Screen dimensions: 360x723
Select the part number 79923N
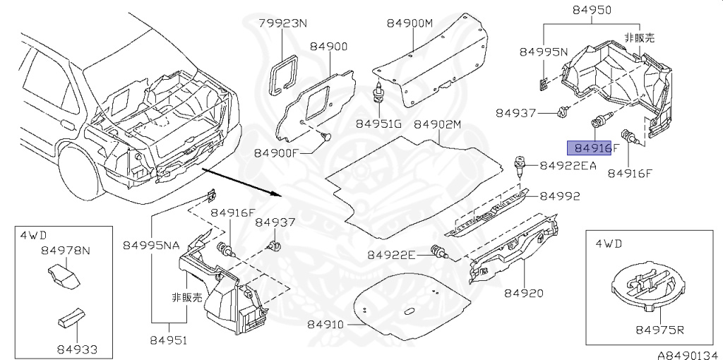tap(282, 23)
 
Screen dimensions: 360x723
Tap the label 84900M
tap(409, 23)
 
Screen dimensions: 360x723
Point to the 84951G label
tap(378, 124)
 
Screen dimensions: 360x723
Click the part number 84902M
tap(437, 124)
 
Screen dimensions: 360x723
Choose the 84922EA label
tap(568, 166)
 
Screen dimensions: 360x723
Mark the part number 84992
tap(561, 196)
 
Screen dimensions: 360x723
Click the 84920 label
tap(524, 292)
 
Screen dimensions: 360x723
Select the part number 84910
tap(325, 325)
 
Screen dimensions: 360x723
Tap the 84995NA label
tap(152, 245)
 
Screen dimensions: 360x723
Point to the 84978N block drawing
tap(61, 277)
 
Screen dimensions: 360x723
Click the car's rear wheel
tap(83, 173)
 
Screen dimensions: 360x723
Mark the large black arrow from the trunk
tap(240, 183)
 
